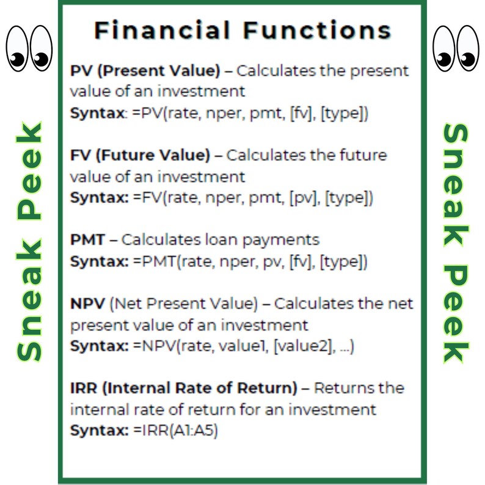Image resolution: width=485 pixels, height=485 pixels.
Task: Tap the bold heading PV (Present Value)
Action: (x=145, y=71)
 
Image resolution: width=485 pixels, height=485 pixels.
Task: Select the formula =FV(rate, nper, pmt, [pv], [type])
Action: (x=253, y=198)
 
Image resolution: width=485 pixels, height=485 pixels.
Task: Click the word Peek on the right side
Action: (x=455, y=312)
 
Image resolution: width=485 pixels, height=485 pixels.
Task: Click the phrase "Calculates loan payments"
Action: (x=220, y=239)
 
